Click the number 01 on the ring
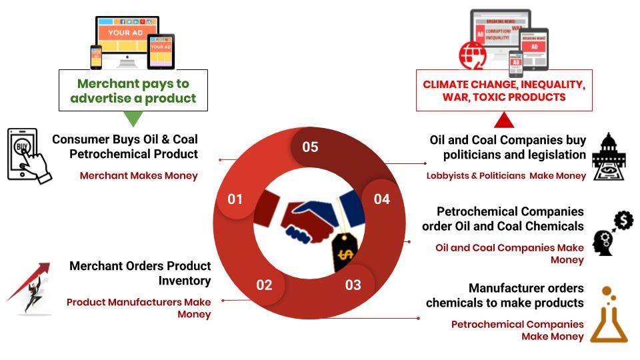[x=235, y=199]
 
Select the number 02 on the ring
[x=264, y=285]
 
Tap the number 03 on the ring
[x=353, y=285]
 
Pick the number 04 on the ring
[x=382, y=199]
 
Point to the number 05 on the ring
[x=310, y=147]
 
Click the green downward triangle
[x=133, y=119]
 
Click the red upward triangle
[x=504, y=119]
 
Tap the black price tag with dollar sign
[x=345, y=252]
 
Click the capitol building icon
[x=609, y=157]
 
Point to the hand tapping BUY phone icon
[x=29, y=156]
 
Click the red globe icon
[x=473, y=55]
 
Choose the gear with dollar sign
[x=624, y=221]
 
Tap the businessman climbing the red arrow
[x=29, y=288]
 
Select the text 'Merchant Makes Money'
[x=139, y=175]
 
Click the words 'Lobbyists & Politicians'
[x=476, y=175]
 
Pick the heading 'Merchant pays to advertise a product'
[x=133, y=91]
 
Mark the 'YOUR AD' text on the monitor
[x=125, y=33]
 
